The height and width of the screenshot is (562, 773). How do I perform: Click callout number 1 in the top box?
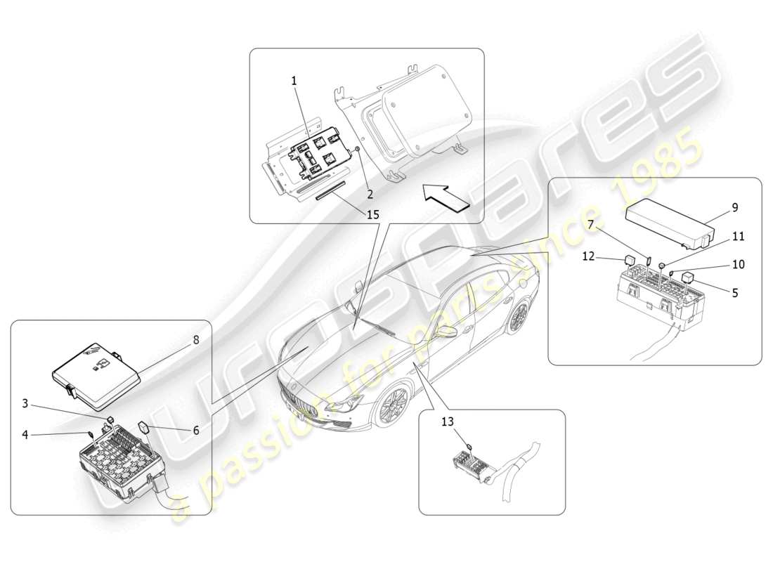(294, 81)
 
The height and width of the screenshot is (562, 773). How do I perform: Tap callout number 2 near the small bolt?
(370, 194)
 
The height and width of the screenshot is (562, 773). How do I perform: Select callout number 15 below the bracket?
(372, 214)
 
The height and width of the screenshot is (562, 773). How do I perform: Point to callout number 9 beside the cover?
(734, 208)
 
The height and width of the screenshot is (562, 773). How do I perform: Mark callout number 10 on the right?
(738, 265)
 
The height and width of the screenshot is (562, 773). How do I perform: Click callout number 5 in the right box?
(734, 293)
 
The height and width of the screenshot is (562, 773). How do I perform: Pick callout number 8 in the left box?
(196, 339)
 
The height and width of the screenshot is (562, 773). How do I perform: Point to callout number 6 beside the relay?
(196, 430)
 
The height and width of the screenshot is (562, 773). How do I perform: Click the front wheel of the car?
(391, 407)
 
